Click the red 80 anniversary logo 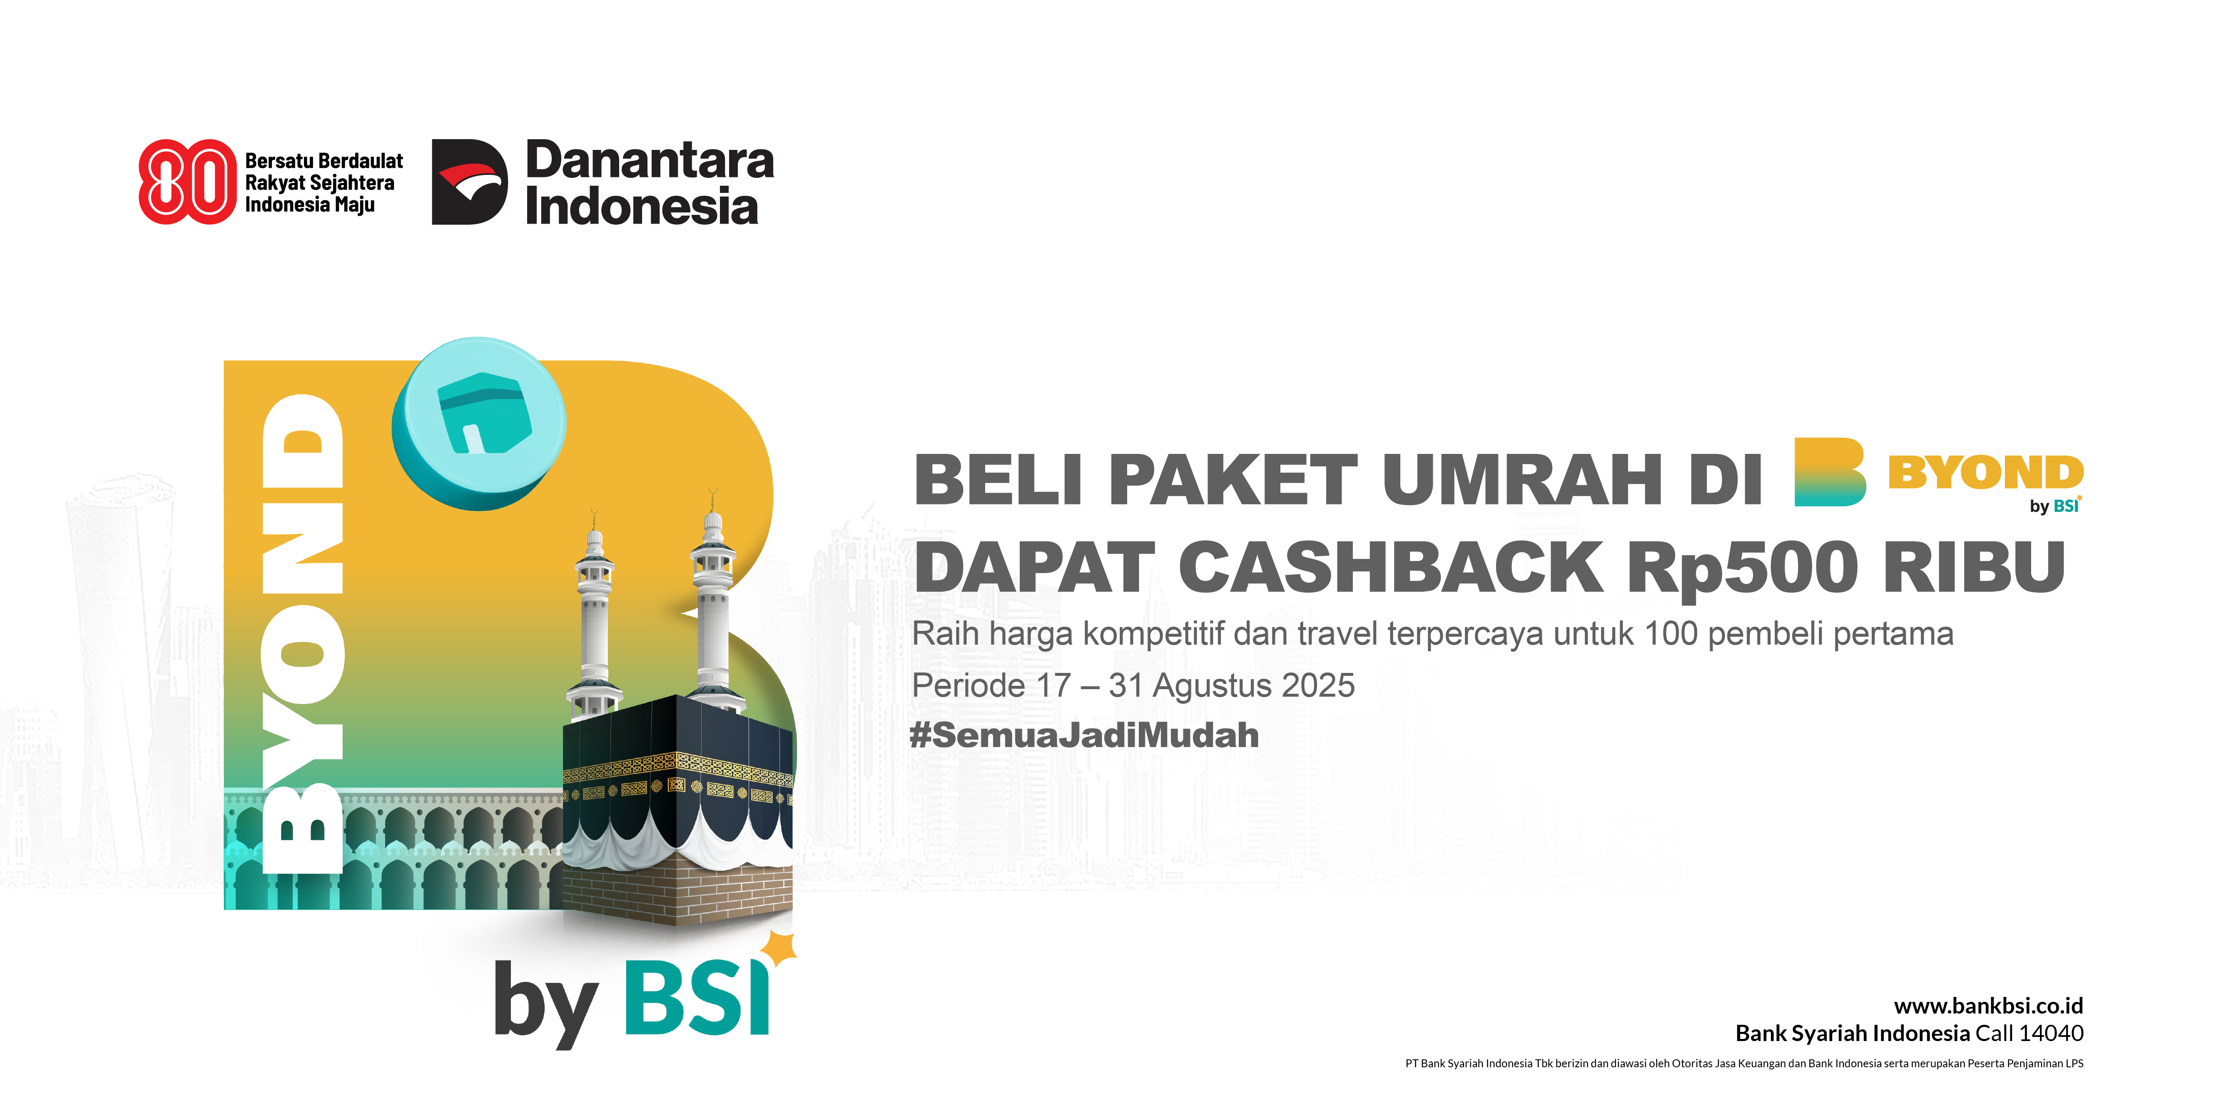pos(187,182)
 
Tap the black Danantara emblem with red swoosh pos(469,182)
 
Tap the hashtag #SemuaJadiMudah pos(1084,735)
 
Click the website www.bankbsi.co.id pos(1988,1006)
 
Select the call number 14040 pos(2050,1034)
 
